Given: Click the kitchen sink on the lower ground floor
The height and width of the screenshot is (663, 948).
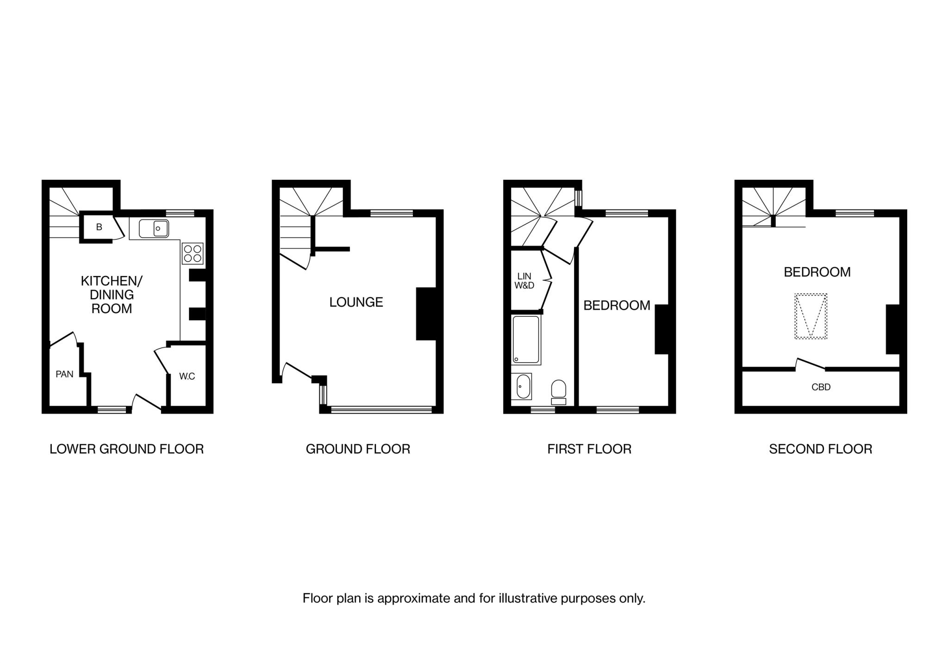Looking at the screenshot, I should point(154,228).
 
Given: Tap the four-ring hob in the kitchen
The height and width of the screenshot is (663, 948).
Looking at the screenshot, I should point(193,253).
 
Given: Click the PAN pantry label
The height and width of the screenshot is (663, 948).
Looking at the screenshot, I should point(64,374).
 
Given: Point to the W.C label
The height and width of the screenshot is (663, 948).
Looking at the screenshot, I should point(187,376).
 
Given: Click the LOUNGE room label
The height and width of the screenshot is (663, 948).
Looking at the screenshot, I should point(356,302).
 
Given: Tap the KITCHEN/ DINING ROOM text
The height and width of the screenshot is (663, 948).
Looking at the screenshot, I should point(112,295).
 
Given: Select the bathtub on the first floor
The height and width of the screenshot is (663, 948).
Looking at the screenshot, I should point(526,340).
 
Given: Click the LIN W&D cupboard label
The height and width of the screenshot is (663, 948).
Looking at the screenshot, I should point(524,281).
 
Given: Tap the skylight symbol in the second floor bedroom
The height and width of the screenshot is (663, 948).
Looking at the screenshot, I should point(811,316).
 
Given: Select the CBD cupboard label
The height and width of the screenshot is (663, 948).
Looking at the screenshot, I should point(821,387).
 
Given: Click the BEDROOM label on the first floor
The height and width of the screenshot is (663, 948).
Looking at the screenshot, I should point(617,306).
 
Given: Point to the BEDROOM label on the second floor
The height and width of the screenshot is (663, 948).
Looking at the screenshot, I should point(817,272).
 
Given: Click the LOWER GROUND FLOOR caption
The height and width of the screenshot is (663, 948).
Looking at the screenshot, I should point(126,449).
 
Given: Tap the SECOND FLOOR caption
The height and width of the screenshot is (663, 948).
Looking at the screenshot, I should point(820,449).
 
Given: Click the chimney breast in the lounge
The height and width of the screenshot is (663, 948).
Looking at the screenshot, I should point(426,314).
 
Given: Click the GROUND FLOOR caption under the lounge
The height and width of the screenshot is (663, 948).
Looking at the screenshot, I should point(358,449).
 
